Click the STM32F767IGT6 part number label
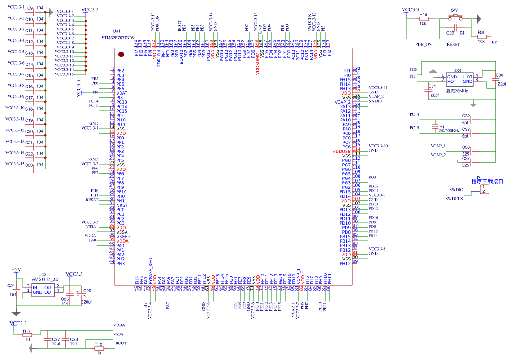click(117, 38)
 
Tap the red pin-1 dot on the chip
click(121, 55)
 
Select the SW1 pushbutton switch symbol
click(455, 17)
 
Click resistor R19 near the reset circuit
click(424, 19)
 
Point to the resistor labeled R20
click(482, 37)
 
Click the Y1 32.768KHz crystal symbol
click(434, 126)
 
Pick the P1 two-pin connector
click(483, 190)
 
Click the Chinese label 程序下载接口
click(487, 182)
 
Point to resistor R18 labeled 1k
click(99, 348)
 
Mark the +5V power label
click(16, 269)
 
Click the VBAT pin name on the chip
click(121, 93)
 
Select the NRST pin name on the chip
click(122, 205)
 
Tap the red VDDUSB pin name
click(342, 152)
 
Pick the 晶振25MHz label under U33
click(457, 91)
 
